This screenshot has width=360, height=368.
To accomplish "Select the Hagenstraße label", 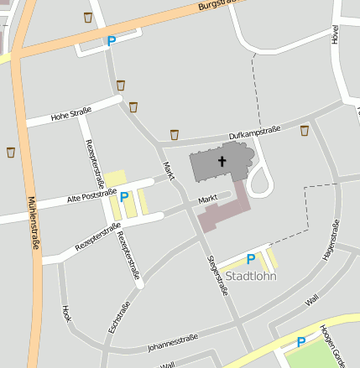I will pyautogui.click(x=330, y=239).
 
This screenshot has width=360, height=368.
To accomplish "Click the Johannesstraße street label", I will pyautogui.click(x=171, y=340).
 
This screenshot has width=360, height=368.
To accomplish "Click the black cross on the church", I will pyautogui.click(x=222, y=161).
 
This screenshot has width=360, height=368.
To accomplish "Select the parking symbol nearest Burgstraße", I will pyautogui.click(x=111, y=40).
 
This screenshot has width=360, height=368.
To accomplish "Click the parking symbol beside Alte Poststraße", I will pyautogui.click(x=124, y=197).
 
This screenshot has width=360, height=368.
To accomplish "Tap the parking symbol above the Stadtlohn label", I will pyautogui.click(x=250, y=259).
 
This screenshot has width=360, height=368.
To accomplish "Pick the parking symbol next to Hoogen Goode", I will pyautogui.click(x=300, y=342).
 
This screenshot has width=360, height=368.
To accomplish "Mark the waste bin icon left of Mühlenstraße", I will pyautogui.click(x=11, y=152).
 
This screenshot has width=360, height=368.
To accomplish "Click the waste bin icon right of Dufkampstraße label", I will pyautogui.click(x=304, y=130).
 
